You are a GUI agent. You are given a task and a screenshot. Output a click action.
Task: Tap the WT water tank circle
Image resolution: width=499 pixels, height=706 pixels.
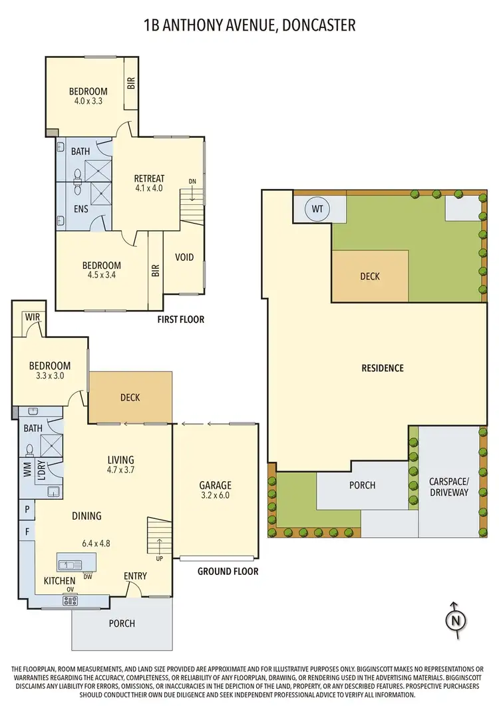pyautogui.click(x=318, y=210)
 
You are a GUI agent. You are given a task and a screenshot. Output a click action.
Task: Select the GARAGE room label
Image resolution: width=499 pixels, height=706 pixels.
pyautogui.click(x=215, y=485)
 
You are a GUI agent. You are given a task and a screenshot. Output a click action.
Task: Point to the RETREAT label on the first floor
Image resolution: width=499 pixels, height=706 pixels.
pyautogui.click(x=149, y=178)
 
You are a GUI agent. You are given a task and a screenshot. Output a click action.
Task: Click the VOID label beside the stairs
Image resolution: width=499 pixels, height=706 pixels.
pyautogui.click(x=184, y=257)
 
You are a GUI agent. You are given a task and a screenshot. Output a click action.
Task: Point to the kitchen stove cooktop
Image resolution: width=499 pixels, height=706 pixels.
pyautogui.click(x=70, y=600)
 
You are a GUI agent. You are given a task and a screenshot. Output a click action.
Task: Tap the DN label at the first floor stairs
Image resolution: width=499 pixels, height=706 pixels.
pyautogui.click(x=193, y=181)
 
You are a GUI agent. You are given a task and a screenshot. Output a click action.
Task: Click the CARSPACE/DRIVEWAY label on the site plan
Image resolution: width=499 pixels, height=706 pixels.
pyautogui.click(x=449, y=487)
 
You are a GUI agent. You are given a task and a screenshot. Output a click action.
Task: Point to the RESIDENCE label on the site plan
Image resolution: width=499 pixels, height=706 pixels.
pyautogui.click(x=382, y=368)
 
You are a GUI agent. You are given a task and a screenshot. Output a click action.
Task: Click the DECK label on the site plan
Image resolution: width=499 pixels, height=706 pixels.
pyautogui.click(x=370, y=276)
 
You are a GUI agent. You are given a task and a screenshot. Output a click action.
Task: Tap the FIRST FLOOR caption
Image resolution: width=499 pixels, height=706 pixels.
pyautogui.click(x=180, y=319)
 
